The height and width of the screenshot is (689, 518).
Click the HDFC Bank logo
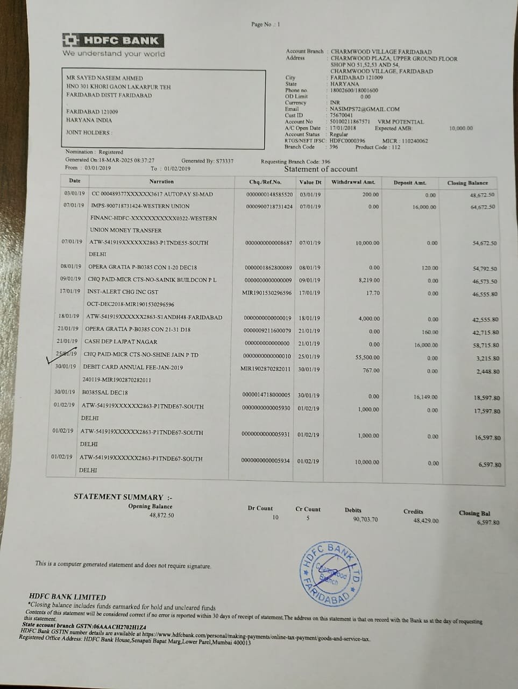click(112, 40)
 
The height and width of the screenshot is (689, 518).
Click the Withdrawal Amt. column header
click(353, 182)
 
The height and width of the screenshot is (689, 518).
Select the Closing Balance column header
click(467, 183)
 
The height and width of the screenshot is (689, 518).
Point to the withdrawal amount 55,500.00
click(368, 357)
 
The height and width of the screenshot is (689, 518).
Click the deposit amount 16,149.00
click(425, 397)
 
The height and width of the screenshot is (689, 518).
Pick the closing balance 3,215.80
click(488, 358)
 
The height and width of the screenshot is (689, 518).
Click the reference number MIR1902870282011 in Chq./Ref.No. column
click(266, 369)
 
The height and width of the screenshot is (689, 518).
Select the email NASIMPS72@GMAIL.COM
click(365, 109)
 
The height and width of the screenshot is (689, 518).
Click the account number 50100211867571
click(350, 122)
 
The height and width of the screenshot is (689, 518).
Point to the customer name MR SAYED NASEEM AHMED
click(104, 78)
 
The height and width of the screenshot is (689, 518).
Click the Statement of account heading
click(321, 169)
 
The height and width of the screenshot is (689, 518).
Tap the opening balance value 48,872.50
click(154, 515)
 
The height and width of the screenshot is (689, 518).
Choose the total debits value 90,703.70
click(365, 519)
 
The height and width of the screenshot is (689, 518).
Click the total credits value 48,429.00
click(426, 521)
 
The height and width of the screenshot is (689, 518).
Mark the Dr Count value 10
click(276, 517)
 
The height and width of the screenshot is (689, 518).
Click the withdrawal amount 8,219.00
click(368, 280)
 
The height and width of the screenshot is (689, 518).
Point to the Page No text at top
click(265, 24)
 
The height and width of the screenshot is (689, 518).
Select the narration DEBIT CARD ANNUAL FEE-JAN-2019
click(133, 367)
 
